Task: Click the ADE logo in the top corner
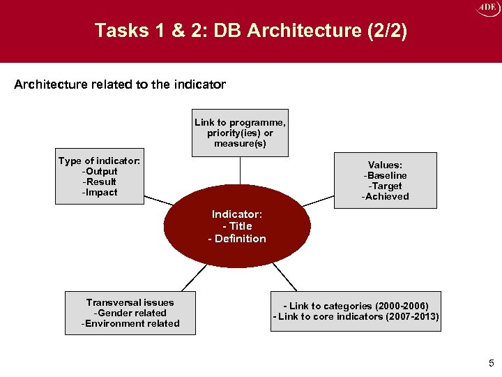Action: pyautogui.click(x=486, y=8)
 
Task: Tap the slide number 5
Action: pyautogui.click(x=491, y=363)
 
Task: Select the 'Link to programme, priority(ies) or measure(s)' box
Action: pyautogui.click(x=240, y=133)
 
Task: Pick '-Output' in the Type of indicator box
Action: pyautogui.click(x=100, y=172)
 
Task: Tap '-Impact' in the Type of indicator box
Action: pyautogui.click(x=100, y=193)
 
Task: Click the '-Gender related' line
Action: pyautogui.click(x=130, y=313)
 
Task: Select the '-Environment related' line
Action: pyautogui.click(x=130, y=323)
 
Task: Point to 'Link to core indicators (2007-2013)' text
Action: pyautogui.click(x=358, y=317)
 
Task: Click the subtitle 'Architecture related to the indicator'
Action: pyautogui.click(x=120, y=84)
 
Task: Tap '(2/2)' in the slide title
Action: pyautogui.click(x=383, y=31)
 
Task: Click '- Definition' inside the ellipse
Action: pyautogui.click(x=237, y=239)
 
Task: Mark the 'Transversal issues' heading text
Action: pyautogui.click(x=130, y=302)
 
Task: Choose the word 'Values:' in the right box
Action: pyautogui.click(x=385, y=165)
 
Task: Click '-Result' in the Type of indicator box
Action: pyautogui.click(x=100, y=182)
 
